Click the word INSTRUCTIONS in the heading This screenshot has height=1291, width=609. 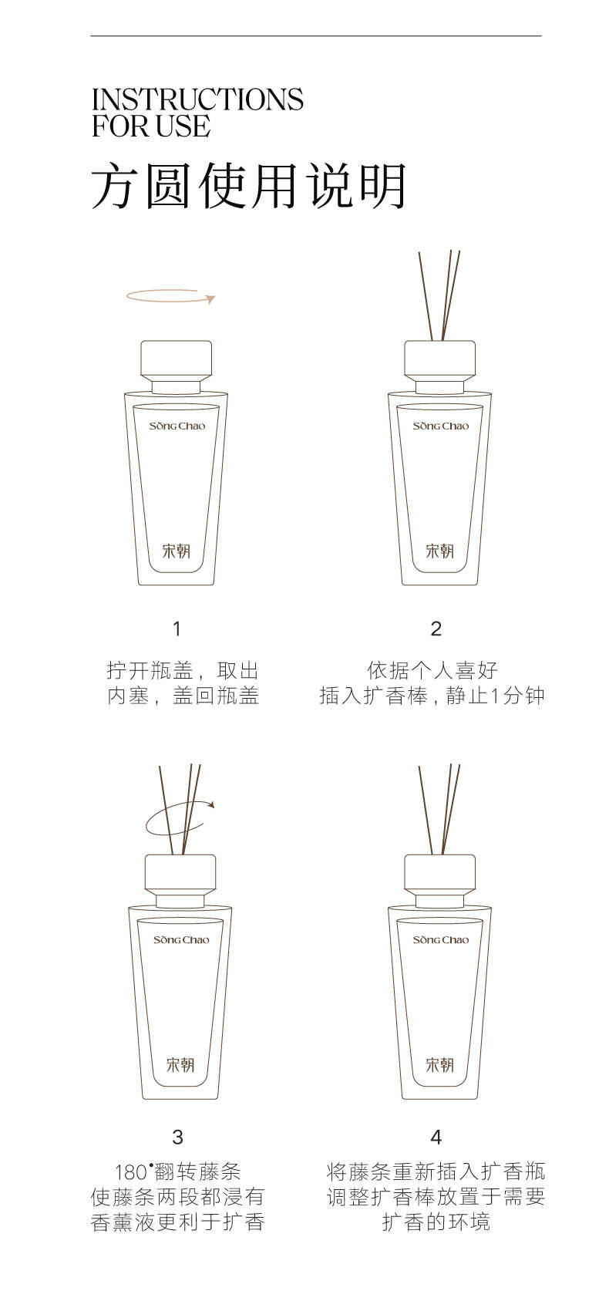point(197,100)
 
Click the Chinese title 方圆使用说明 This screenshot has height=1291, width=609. point(249,186)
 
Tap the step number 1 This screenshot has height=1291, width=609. point(177,629)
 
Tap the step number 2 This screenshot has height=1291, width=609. point(436,629)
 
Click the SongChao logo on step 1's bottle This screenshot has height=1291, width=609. point(177,426)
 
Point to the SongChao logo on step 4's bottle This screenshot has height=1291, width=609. point(441,940)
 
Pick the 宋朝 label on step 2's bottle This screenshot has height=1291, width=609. point(439,551)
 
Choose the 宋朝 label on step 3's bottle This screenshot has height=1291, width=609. point(180,1064)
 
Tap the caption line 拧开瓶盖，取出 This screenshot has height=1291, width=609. point(183,671)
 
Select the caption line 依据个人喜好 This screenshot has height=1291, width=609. point(432,671)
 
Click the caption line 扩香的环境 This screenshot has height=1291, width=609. point(436,1222)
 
